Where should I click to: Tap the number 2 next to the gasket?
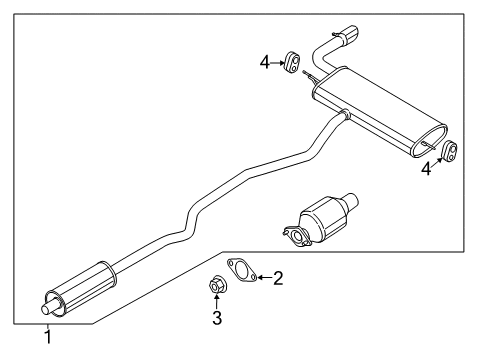coord(279,277)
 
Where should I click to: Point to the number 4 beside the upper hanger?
coord(265,62)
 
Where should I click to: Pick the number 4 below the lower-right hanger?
coord(427,169)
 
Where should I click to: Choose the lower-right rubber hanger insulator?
coord(450,151)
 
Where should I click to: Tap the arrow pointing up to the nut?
coord(216,302)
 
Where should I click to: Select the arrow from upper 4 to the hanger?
coord(279,62)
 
